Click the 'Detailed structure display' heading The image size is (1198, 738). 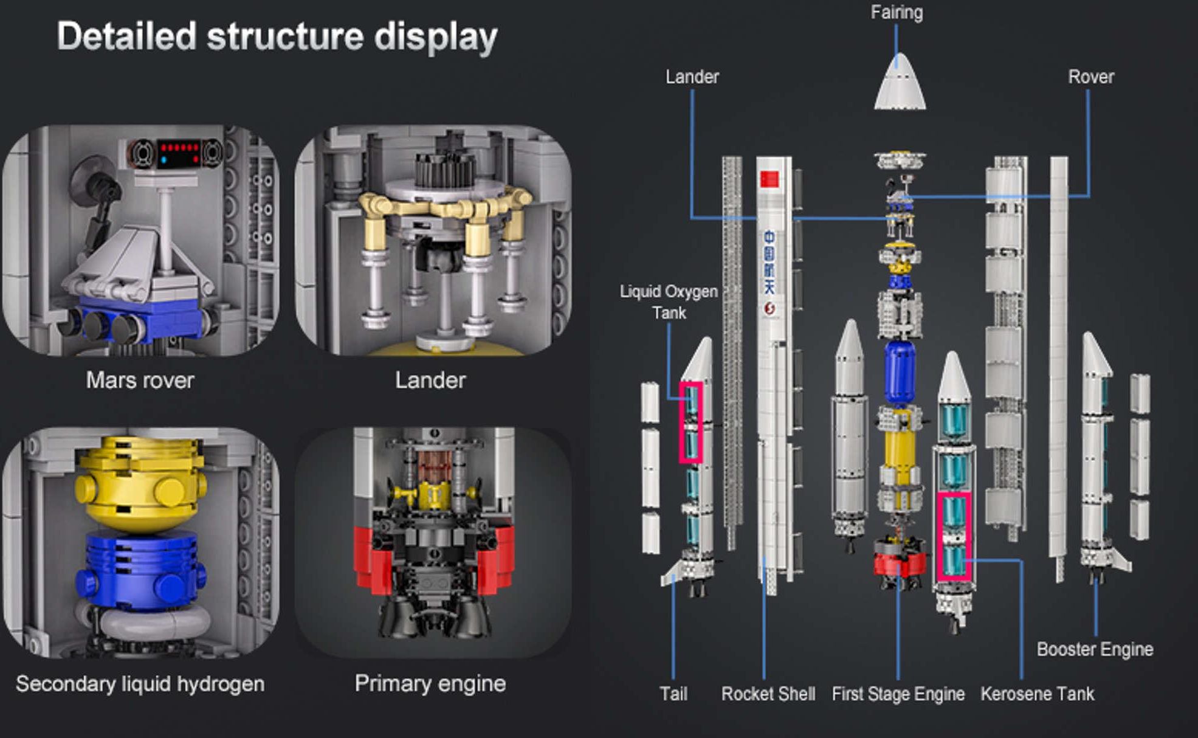point(277,36)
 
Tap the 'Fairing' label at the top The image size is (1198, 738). point(897,12)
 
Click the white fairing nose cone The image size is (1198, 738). point(900,81)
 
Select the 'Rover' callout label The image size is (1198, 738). point(1091,77)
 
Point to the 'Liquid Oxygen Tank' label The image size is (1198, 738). point(669,302)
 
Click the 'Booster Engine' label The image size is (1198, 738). point(1095,649)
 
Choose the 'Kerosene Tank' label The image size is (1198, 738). point(1037,694)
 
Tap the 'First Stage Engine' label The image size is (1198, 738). point(898,694)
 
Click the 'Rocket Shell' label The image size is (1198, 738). point(768,694)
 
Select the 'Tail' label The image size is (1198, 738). point(673,694)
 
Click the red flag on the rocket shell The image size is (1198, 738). point(769,179)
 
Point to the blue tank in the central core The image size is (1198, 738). point(900,372)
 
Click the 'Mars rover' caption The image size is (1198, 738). point(140,380)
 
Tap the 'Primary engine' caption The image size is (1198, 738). point(430,683)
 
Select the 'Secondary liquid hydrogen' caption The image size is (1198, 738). point(140,684)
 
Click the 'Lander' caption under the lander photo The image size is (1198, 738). point(430,380)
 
